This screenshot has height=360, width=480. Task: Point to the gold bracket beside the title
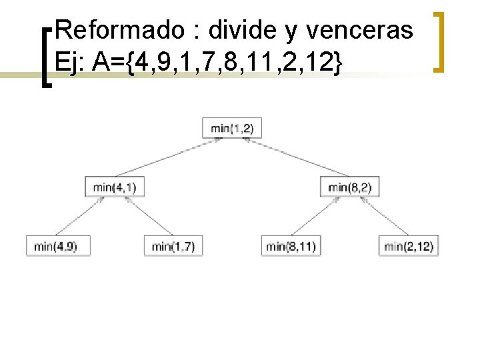(439, 41)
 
